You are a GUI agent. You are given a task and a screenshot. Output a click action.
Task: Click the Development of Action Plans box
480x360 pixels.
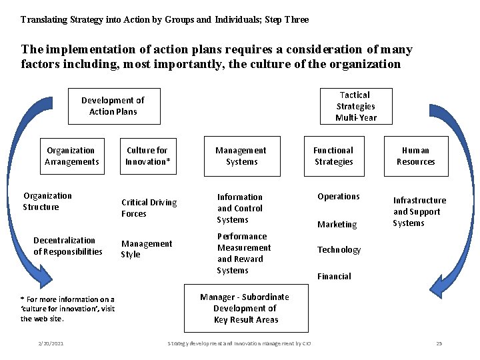(x=113, y=106)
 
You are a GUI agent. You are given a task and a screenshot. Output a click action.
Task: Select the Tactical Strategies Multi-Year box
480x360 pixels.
(x=356, y=106)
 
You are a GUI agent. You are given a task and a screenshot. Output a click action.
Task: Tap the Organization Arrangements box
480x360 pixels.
(x=71, y=156)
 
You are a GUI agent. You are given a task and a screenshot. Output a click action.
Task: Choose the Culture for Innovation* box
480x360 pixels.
(x=147, y=156)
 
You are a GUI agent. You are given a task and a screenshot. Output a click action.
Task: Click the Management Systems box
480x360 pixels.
(x=241, y=156)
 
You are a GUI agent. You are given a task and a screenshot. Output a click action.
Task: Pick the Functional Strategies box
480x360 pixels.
(x=333, y=156)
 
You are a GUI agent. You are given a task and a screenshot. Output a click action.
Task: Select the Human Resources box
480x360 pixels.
(x=415, y=156)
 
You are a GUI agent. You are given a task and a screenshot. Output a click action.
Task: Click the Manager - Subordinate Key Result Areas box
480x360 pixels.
(x=245, y=308)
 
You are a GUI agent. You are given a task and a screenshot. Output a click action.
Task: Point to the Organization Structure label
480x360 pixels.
(x=47, y=201)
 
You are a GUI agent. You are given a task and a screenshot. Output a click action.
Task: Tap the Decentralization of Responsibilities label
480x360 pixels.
(x=67, y=246)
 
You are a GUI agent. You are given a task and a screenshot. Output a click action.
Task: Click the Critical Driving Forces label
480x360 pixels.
(x=149, y=208)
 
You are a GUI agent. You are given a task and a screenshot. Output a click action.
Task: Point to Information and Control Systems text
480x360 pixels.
(x=239, y=208)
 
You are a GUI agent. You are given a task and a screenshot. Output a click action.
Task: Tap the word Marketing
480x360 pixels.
(x=337, y=225)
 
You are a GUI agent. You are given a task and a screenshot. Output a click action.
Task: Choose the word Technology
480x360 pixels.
(x=339, y=250)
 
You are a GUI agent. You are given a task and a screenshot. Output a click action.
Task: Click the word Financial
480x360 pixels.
(x=334, y=276)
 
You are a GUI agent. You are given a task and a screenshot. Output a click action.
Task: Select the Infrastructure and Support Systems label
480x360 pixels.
(x=419, y=211)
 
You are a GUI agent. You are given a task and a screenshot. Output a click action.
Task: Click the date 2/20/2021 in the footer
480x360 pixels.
(x=51, y=343)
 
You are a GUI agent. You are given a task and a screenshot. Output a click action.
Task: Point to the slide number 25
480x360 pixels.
(x=439, y=343)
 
